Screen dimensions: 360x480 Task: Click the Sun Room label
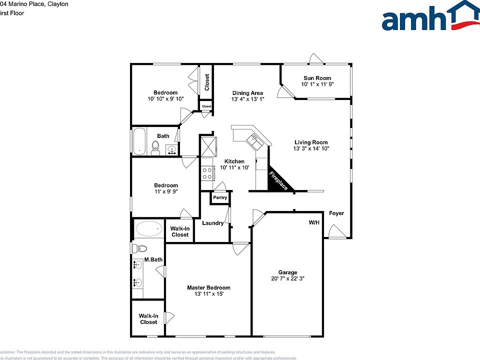pos(317,78)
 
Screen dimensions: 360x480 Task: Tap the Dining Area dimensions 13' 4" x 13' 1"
pos(247,99)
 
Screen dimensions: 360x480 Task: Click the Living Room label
pos(310,142)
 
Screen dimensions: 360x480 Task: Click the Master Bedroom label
pos(208,287)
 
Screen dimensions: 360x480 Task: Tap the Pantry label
pos(220,197)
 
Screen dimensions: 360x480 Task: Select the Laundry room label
pos(212,223)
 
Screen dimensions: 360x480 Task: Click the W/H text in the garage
pos(314,222)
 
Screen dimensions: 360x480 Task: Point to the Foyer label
pos(336,213)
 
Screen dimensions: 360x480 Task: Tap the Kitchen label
pos(234,161)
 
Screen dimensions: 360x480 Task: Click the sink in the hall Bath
pos(171,149)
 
